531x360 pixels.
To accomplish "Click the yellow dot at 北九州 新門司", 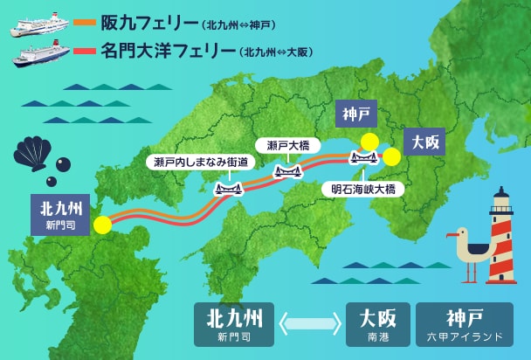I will pos(103,225).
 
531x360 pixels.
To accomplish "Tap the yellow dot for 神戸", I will pos(370,142).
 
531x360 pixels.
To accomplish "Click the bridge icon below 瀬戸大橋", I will pos(288,170).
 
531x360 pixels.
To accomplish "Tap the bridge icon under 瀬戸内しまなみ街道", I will pos(228,187).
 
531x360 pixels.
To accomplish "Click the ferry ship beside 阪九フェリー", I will pos(38,23).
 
